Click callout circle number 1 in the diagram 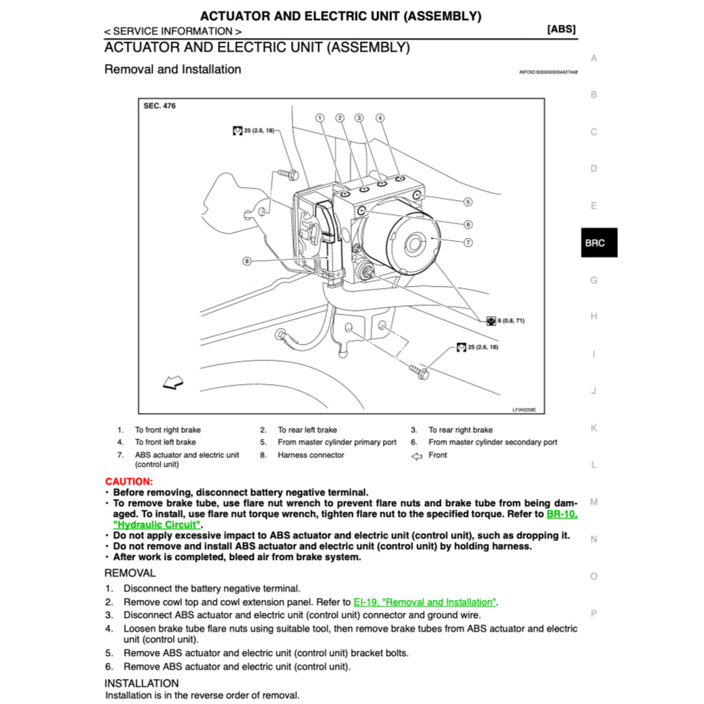click(320, 118)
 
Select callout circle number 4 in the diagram click(380, 118)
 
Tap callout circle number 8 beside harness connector click(247, 261)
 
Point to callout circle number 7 click(467, 242)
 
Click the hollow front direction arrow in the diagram click(173, 384)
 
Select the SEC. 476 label click(159, 106)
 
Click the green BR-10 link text click(561, 514)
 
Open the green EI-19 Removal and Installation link click(424, 602)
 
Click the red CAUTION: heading click(129, 482)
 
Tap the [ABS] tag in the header click(561, 29)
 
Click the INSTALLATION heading click(141, 683)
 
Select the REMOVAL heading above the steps click(130, 573)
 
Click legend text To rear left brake click(307, 430)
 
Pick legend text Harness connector click(310, 455)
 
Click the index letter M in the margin click(594, 502)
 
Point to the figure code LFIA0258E click(523, 410)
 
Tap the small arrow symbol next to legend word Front click(417, 455)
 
